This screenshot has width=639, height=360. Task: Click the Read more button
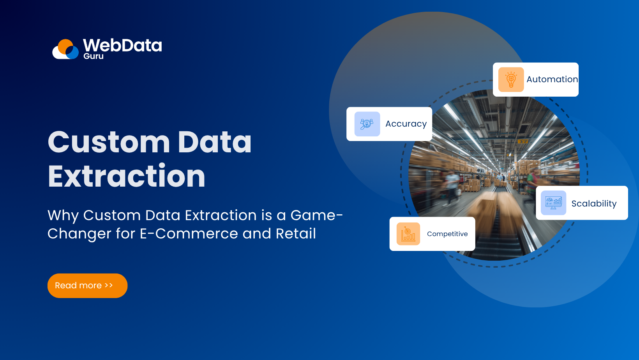point(87,286)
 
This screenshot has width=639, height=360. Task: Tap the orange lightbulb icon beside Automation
point(511,79)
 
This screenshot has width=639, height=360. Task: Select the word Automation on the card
point(552,79)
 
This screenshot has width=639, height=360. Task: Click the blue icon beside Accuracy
point(367,124)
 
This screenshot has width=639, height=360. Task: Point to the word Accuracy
point(406,124)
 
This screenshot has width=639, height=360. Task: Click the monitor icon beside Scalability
point(553,203)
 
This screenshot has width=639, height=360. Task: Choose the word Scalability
point(594,203)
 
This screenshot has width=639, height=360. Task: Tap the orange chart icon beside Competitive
point(408,234)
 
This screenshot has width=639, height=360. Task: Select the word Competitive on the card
point(447,234)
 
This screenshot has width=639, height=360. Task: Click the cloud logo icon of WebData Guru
point(65,49)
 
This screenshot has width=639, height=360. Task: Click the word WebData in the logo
point(122,45)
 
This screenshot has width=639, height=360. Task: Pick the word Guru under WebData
point(94,56)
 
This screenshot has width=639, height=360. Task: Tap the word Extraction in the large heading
point(127,176)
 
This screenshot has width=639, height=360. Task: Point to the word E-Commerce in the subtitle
point(189,234)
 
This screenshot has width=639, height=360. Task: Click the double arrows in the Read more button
point(109,285)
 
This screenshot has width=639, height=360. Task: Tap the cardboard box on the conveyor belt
point(493,210)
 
